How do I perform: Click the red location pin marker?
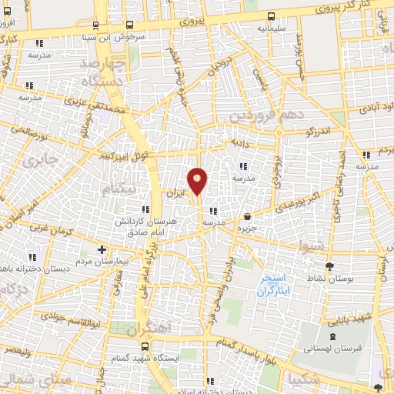198,180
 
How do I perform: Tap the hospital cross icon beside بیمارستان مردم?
102,249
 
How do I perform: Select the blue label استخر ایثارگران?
277,288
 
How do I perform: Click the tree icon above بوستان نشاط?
330,265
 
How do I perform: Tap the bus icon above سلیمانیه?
271,17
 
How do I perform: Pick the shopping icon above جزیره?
247,217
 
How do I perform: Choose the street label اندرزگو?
299,132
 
